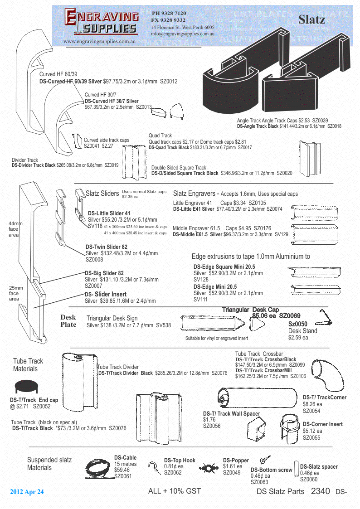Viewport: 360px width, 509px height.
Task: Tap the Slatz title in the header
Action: click(311, 19)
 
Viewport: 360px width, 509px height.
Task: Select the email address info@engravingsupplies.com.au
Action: click(183, 34)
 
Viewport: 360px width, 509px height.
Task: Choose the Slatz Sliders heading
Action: click(102, 194)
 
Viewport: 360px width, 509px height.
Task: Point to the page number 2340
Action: click(321, 491)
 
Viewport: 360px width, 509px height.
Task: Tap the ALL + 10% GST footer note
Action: click(175, 491)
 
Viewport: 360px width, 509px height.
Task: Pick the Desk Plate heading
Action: click(68, 321)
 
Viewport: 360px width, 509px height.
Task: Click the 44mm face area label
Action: click(15, 229)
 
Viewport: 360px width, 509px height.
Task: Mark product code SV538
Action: click(164, 325)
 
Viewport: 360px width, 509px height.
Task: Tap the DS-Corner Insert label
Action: click(323, 424)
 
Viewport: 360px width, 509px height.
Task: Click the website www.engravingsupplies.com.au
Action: click(100, 41)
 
